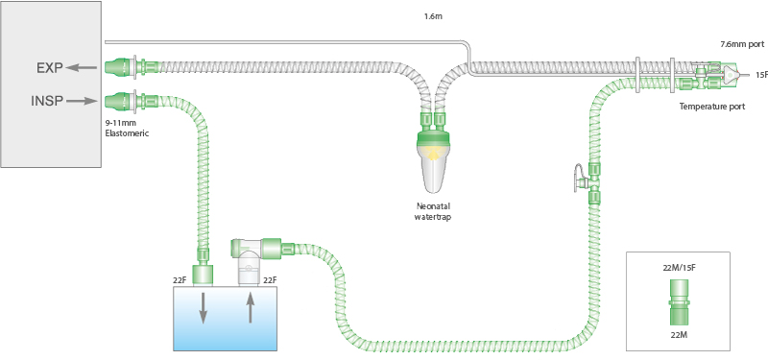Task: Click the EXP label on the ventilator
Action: point(50,68)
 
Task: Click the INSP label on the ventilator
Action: point(48,99)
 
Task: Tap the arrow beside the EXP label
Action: point(84,68)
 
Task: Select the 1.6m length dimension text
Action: point(433,17)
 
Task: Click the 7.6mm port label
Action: point(742,44)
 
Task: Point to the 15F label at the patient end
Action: point(759,74)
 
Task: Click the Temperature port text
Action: point(711,107)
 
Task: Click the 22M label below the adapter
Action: point(678,333)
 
